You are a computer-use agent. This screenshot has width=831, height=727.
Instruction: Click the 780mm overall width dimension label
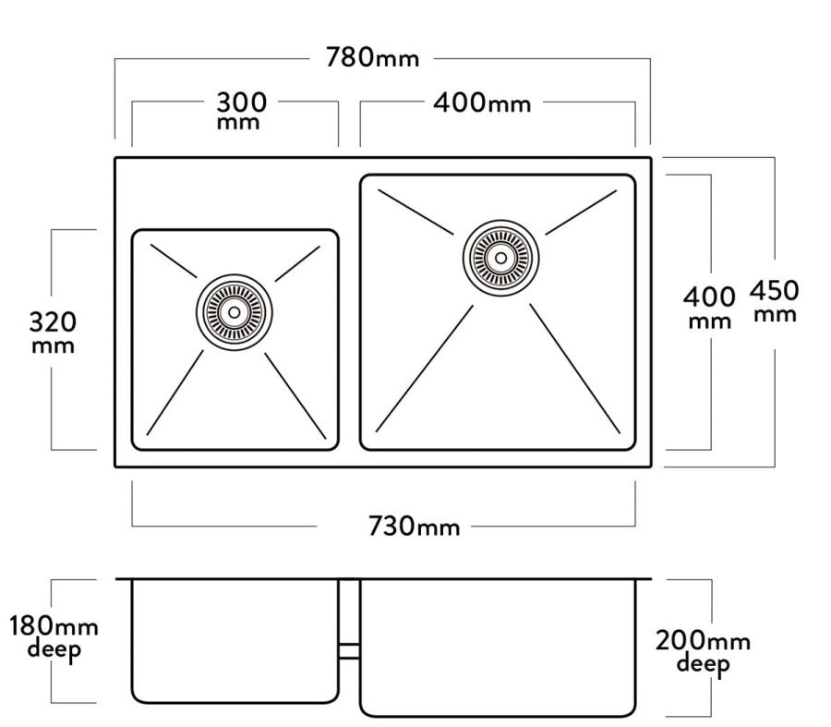(372, 57)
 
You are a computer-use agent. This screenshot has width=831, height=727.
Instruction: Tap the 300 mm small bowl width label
(241, 110)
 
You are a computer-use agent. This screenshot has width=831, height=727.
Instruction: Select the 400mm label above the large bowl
(482, 103)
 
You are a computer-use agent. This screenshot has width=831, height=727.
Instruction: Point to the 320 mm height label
(53, 332)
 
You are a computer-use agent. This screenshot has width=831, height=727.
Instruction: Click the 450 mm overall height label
(774, 300)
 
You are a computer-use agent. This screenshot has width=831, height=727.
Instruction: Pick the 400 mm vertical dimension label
(708, 308)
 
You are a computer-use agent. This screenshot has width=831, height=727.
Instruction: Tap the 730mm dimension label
(414, 526)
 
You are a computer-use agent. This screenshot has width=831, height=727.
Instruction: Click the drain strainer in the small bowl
(235, 312)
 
